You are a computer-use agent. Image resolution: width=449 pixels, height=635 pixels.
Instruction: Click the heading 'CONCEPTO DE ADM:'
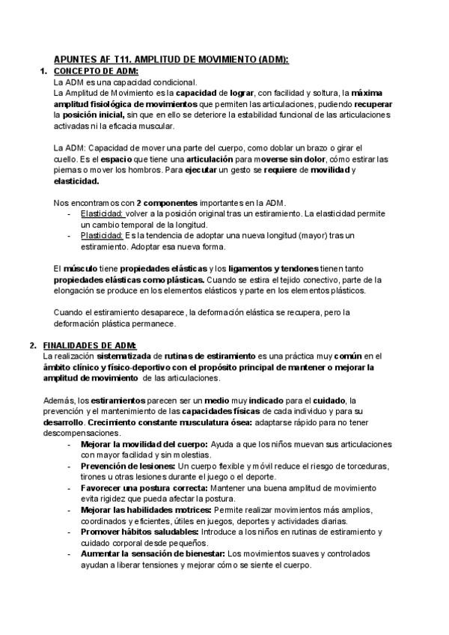(x=96, y=71)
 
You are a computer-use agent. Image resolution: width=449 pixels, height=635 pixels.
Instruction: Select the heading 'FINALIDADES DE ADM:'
(x=90, y=344)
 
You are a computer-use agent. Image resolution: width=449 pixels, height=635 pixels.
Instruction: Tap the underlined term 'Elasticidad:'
(x=103, y=213)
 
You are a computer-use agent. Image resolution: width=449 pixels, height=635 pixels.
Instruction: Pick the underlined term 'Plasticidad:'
(x=103, y=234)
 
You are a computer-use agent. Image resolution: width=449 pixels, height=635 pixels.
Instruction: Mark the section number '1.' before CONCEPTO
(x=43, y=71)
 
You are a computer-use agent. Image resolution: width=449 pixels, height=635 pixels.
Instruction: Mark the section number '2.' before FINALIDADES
(x=33, y=344)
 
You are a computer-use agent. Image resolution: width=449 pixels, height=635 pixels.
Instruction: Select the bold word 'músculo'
(x=79, y=268)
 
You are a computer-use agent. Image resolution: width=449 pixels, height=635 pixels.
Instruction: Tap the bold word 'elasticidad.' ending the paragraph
(x=76, y=180)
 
